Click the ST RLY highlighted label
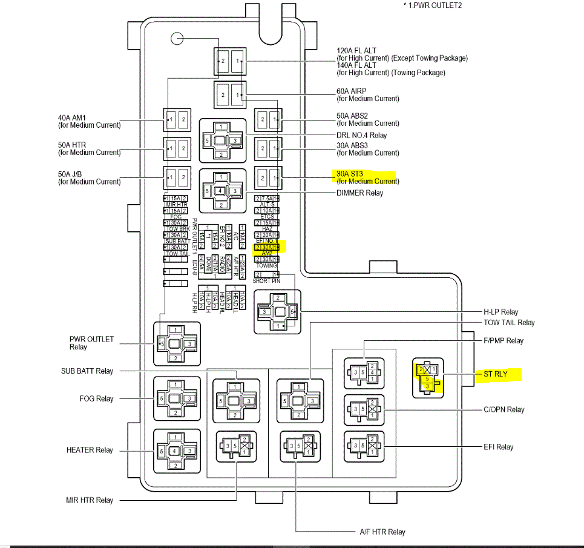coord(495,374)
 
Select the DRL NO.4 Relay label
coord(362,135)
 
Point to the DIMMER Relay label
coord(359,193)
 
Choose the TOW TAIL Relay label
coord(509,323)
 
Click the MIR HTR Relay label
coord(90,500)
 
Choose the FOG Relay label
coord(96,398)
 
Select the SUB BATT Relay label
coord(87,371)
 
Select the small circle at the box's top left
coord(177,39)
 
